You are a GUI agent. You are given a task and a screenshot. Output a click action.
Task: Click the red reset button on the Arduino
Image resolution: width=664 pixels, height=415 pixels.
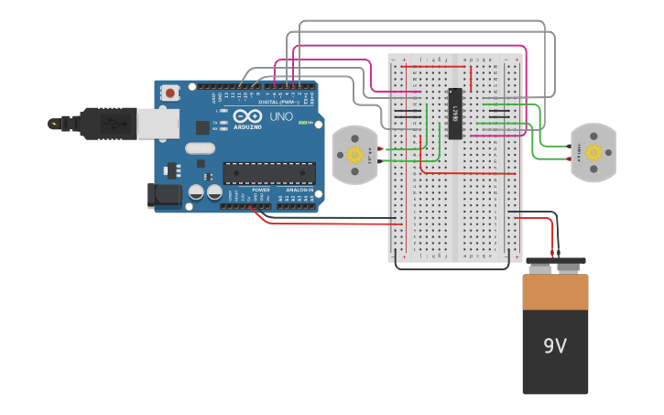(170, 92)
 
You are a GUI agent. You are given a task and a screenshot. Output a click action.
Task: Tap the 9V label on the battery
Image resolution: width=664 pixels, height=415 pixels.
(555, 346)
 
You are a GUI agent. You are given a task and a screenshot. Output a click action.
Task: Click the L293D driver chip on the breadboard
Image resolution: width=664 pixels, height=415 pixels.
(455, 115)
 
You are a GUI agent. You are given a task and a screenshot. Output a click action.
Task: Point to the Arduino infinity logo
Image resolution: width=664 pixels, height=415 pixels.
(245, 117)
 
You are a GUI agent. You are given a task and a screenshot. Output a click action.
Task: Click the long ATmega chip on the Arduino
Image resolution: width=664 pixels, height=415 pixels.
(269, 172)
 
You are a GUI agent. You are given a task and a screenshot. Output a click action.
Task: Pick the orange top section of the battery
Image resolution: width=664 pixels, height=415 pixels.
(555, 291)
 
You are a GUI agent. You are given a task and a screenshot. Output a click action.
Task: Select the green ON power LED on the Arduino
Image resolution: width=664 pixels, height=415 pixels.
(312, 123)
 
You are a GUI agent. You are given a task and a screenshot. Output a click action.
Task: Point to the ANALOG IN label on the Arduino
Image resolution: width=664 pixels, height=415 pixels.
(299, 190)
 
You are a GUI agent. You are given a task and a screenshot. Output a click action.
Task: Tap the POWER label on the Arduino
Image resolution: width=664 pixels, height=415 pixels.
(261, 190)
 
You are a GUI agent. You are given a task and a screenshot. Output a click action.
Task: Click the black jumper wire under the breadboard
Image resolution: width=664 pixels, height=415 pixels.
(453, 268)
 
